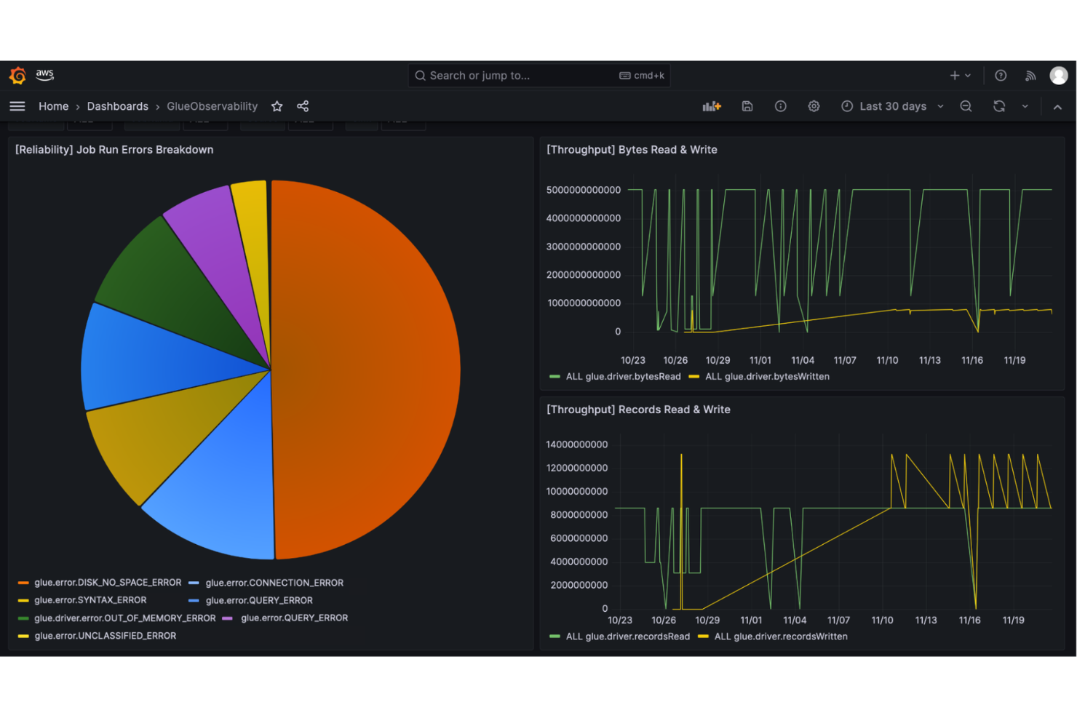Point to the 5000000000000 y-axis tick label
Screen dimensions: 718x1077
[583, 190]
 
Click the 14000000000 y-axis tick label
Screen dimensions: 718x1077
[576, 444]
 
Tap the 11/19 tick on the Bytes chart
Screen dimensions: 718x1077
[1014, 360]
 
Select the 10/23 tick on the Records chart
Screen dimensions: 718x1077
[620, 620]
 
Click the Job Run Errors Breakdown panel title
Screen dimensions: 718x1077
[114, 150]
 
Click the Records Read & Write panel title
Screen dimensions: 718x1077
[638, 410]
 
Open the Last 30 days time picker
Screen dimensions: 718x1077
[892, 106]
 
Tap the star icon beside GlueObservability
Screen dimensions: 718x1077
[277, 106]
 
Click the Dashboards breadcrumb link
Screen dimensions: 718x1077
[117, 106]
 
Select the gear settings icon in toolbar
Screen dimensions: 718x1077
[814, 106]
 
